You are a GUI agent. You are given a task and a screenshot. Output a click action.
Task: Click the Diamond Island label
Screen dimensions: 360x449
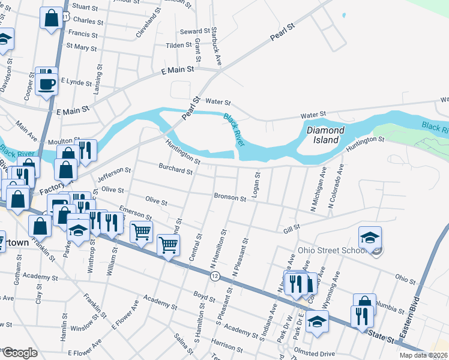325,135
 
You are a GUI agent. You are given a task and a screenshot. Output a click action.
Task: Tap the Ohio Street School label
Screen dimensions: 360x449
332,250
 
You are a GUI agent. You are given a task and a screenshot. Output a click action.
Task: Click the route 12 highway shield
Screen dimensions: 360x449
214,275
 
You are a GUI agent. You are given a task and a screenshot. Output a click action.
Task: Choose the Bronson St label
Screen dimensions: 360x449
231,197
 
